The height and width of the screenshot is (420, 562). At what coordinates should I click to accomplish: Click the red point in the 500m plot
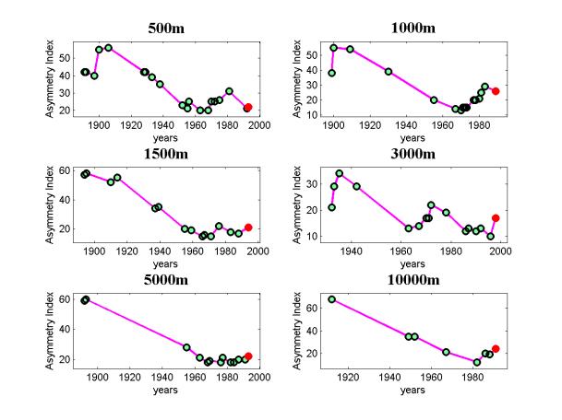click(x=247, y=108)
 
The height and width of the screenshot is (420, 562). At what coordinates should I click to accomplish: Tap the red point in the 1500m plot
click(x=248, y=227)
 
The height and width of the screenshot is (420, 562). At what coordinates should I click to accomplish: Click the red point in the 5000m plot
click(x=248, y=356)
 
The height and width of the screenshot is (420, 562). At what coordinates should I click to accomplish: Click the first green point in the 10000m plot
click(x=332, y=299)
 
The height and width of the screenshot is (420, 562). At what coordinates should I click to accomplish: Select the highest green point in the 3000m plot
click(x=340, y=173)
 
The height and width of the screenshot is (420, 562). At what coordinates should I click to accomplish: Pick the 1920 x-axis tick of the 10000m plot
click(x=351, y=377)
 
